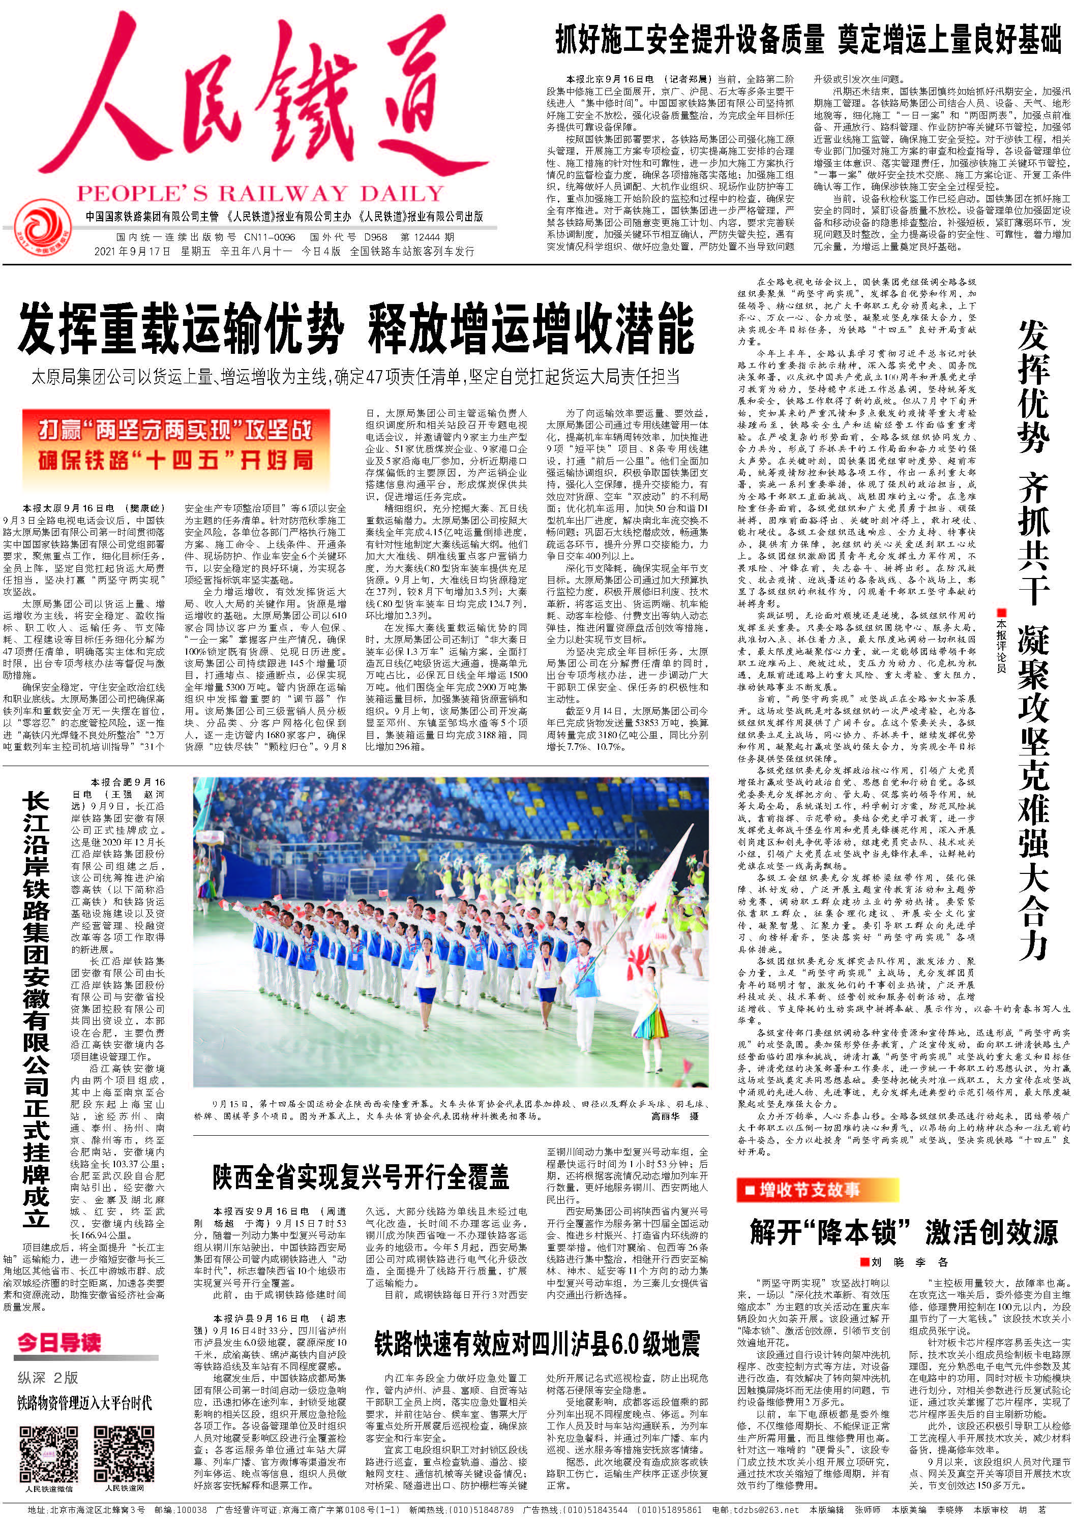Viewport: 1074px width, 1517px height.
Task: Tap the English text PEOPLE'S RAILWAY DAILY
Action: pos(259,193)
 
